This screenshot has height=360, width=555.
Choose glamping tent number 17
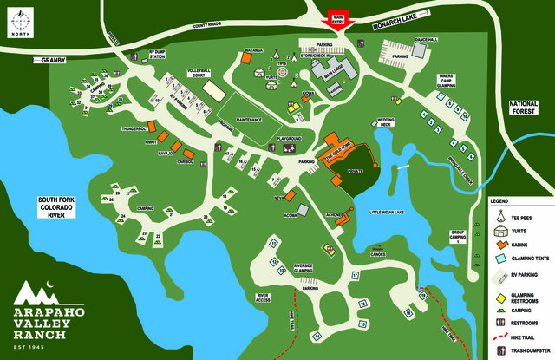point(356,275)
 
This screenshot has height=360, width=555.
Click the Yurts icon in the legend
point(501,231)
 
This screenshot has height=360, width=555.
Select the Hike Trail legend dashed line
point(500,336)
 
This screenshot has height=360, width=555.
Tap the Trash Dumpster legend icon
point(500,351)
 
